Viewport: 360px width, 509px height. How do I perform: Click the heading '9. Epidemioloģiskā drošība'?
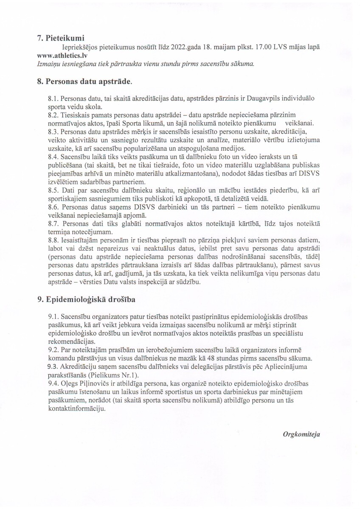86,299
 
